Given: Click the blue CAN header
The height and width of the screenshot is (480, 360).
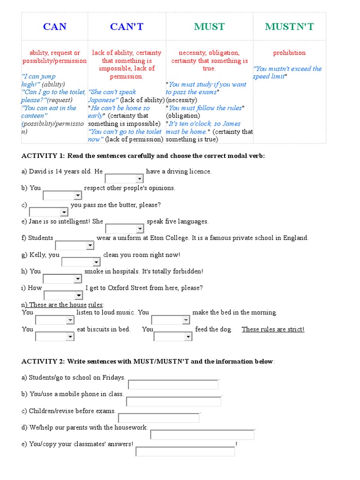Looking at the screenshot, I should pos(55,27).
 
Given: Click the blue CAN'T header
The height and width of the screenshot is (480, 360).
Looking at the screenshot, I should pos(127,27).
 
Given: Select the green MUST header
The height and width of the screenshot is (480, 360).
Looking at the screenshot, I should pos(209,27).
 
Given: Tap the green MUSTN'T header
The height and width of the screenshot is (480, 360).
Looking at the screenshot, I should pos(289,27).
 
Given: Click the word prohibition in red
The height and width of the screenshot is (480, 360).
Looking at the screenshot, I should pos(289,53).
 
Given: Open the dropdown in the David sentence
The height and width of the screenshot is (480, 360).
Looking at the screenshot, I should pos(124,179).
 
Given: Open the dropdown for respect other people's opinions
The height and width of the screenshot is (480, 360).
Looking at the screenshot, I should pos(62,195).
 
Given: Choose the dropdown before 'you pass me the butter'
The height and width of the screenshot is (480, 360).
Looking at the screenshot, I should pos(49,212).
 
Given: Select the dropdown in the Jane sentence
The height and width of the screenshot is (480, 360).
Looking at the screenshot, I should pos(125,229).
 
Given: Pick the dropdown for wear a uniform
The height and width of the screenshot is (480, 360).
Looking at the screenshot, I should pos(75,245).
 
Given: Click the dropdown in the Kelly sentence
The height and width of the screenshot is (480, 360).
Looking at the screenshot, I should pos(81,262).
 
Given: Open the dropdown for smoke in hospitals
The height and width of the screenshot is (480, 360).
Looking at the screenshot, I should pos(63,279).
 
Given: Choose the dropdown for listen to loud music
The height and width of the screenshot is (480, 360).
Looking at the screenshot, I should pos(55,320).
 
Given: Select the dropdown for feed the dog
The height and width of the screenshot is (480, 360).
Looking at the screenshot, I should pos(173,337).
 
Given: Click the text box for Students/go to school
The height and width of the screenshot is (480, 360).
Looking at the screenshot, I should pos(173,384).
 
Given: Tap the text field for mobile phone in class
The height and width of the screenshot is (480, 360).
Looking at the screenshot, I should pos(174,401).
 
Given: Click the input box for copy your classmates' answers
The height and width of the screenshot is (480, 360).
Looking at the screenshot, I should pos(185,451).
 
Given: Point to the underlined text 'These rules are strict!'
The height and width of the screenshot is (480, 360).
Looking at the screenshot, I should pos(273,329).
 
